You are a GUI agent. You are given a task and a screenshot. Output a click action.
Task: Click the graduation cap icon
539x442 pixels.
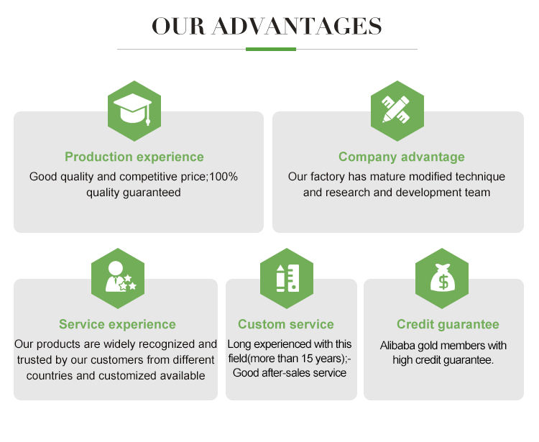pyautogui.click(x=133, y=109)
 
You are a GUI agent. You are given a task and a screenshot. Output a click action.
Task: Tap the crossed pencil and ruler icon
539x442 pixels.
pyautogui.click(x=396, y=109)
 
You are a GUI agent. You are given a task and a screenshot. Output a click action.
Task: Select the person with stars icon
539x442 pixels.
pyautogui.click(x=120, y=277)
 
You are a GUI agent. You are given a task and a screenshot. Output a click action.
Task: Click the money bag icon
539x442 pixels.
pyautogui.click(x=443, y=277)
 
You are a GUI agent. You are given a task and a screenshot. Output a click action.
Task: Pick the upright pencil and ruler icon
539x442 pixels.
pyautogui.click(x=287, y=278)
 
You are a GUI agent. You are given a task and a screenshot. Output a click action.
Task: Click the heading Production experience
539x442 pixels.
pyautogui.click(x=134, y=157)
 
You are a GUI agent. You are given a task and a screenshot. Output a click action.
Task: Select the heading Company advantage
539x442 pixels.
pyautogui.click(x=402, y=157)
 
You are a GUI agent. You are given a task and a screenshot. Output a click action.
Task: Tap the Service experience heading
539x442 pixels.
pyautogui.click(x=117, y=324)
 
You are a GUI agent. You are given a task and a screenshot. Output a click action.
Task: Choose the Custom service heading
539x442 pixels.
pyautogui.click(x=285, y=324)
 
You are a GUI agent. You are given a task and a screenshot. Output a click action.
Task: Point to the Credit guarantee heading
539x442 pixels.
pyautogui.click(x=448, y=324)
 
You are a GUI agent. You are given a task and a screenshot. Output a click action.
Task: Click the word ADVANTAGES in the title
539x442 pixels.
pyautogui.click(x=297, y=26)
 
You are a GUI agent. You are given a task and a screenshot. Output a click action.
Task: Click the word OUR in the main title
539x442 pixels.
pyautogui.click(x=178, y=26)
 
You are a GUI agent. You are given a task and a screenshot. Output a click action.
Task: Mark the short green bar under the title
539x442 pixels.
pyautogui.click(x=271, y=49)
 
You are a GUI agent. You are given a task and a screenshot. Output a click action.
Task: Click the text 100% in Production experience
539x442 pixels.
pyautogui.click(x=224, y=177)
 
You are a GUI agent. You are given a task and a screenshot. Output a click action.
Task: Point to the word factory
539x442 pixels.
pyautogui.click(x=327, y=177)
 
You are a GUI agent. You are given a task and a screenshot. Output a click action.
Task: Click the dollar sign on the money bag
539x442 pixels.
pyautogui.click(x=443, y=282)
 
